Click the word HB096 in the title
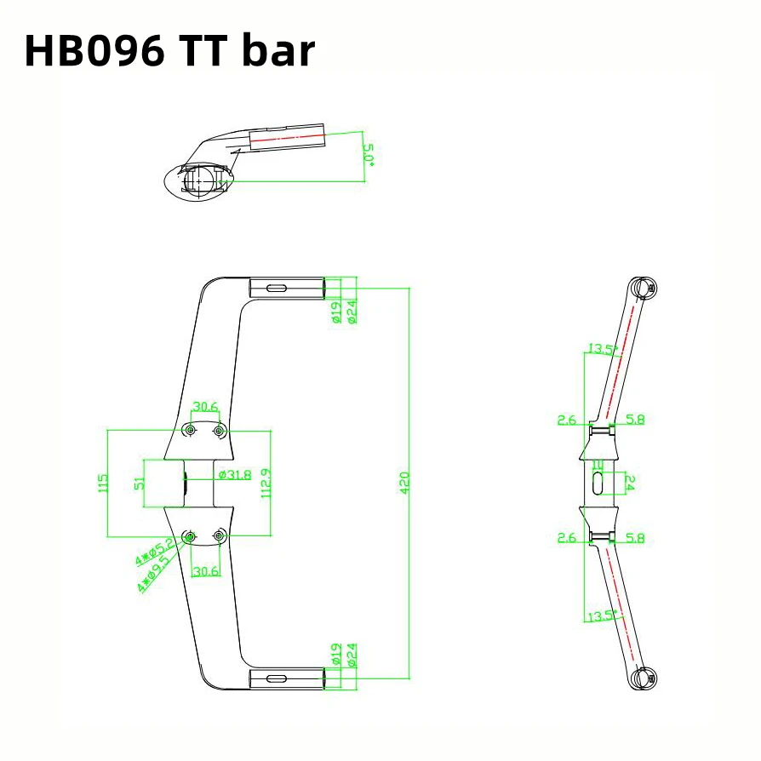pyautogui.click(x=94, y=52)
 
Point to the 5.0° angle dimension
pyautogui.click(x=369, y=156)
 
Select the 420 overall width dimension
pyautogui.click(x=404, y=483)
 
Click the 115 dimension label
pyautogui.click(x=104, y=483)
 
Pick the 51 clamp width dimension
pyautogui.click(x=140, y=482)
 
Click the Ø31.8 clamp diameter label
pyautogui.click(x=235, y=475)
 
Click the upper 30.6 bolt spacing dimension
pyautogui.click(x=205, y=407)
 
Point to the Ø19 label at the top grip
pyautogui.click(x=336, y=312)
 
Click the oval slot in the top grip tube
pyautogui.click(x=277, y=289)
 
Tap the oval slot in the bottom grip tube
pyautogui.click(x=277, y=678)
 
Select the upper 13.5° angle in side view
pyautogui.click(x=602, y=349)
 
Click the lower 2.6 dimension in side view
pyautogui.click(x=567, y=538)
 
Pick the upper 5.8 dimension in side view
pyautogui.click(x=635, y=420)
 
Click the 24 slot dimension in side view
pyautogui.click(x=631, y=483)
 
